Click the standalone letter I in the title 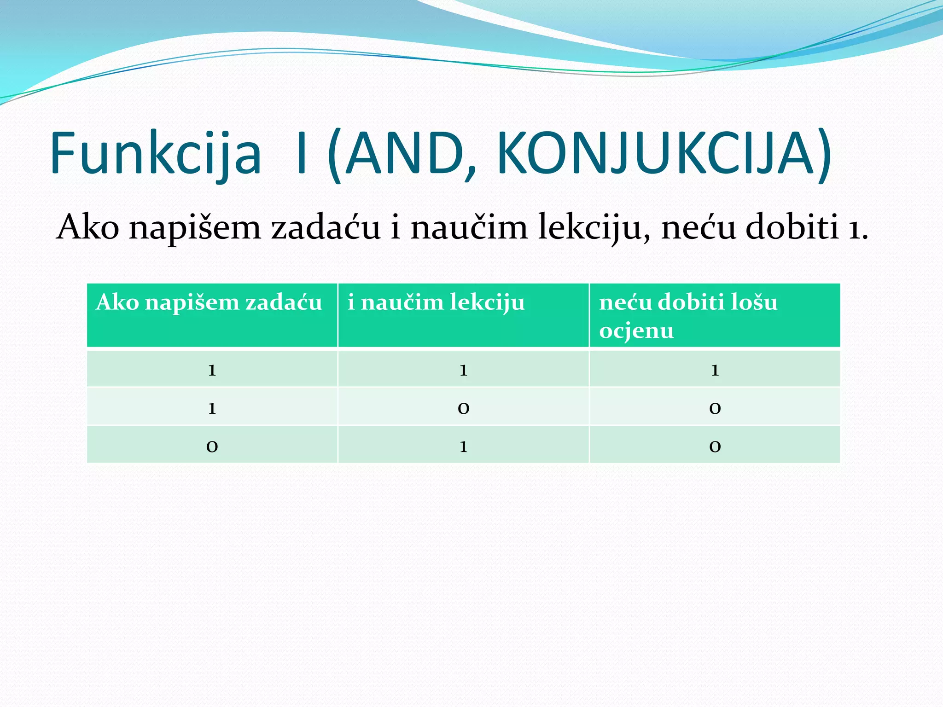(302, 154)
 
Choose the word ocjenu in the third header (636, 331)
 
